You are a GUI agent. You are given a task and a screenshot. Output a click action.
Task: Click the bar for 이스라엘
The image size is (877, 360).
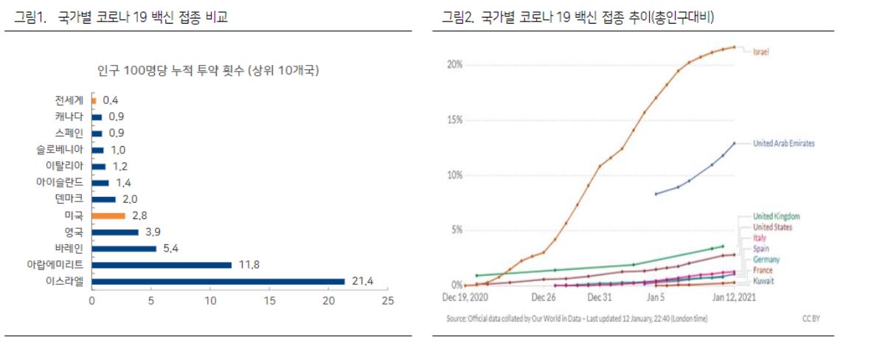tap(218, 281)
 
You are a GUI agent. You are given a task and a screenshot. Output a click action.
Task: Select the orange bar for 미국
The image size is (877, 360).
tap(108, 215)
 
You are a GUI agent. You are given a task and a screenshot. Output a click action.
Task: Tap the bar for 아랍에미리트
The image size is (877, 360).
tap(162, 264)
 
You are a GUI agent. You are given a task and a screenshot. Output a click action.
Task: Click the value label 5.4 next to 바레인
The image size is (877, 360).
tap(170, 249)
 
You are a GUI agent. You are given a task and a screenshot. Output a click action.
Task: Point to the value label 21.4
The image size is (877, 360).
tap(362, 281)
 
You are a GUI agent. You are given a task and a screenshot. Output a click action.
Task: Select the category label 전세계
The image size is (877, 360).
tap(69, 100)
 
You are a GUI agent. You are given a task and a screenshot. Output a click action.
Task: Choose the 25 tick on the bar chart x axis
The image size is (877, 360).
tap(387, 301)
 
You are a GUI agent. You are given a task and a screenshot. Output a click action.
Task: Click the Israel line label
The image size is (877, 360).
tap(761, 52)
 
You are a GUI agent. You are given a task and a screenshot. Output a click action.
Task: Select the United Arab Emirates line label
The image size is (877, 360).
tap(783, 143)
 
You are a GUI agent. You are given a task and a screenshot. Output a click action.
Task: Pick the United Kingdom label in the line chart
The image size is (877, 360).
tap(776, 216)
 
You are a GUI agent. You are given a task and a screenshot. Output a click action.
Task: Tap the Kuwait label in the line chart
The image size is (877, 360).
tap(763, 281)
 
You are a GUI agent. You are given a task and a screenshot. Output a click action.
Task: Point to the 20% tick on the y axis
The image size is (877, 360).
tap(454, 65)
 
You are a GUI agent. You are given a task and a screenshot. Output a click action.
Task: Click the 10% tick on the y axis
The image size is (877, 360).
tap(454, 175)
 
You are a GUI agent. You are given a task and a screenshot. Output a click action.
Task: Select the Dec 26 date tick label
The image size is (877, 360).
tap(543, 297)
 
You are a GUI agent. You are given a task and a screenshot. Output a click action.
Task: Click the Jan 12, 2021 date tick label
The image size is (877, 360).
tap(733, 297)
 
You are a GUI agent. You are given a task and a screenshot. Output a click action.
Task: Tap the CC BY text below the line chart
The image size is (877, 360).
tap(811, 319)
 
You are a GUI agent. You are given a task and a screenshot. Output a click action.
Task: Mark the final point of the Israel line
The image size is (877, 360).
tap(734, 47)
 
